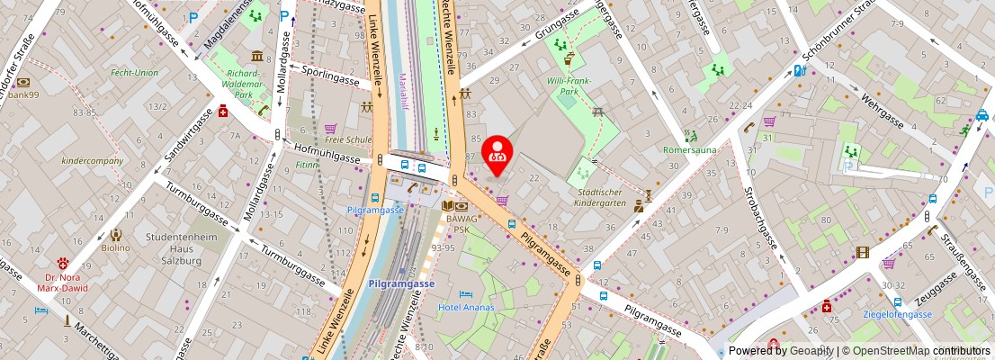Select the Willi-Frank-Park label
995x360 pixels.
[x=568, y=85]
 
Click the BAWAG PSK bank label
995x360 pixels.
[x=462, y=223]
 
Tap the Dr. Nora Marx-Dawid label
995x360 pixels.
[x=64, y=284]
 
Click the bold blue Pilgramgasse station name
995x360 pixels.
[x=401, y=283]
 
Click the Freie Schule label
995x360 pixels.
[x=348, y=139]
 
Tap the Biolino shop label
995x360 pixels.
[x=115, y=247]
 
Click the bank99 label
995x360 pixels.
[x=22, y=94]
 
